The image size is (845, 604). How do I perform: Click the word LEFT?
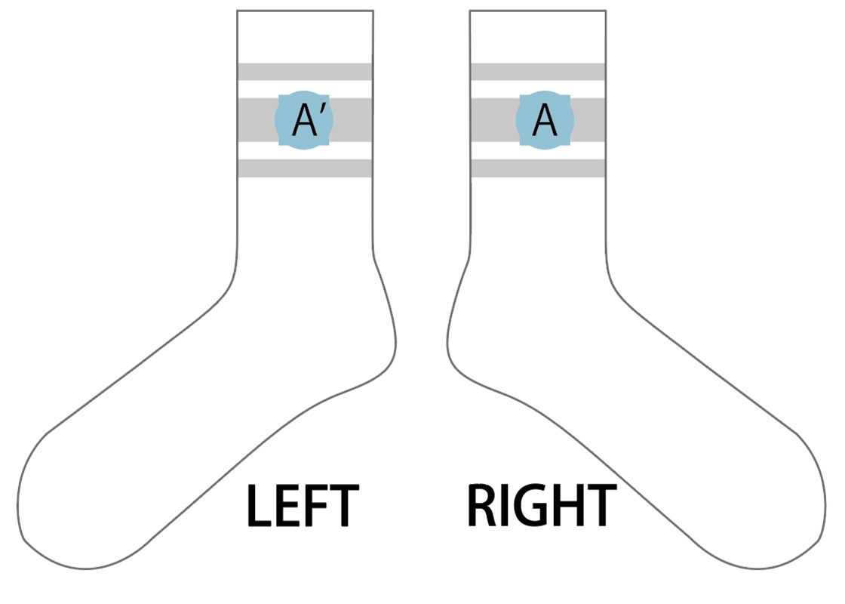(x=303, y=505)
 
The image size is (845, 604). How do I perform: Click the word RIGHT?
(x=542, y=505)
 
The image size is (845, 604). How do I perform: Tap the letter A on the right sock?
(x=544, y=120)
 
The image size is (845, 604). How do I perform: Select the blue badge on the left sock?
(x=304, y=120)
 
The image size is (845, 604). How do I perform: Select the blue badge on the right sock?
(x=545, y=120)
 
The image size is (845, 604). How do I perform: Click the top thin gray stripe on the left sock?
(x=305, y=72)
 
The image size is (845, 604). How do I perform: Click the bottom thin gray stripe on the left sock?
(x=305, y=168)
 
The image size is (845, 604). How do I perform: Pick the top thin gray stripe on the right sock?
(x=538, y=72)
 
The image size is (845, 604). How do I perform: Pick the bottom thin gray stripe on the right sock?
(x=538, y=168)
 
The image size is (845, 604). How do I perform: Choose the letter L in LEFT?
(x=258, y=506)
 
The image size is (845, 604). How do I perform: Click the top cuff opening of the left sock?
(x=305, y=11)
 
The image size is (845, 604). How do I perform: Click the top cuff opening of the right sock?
(x=538, y=11)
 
